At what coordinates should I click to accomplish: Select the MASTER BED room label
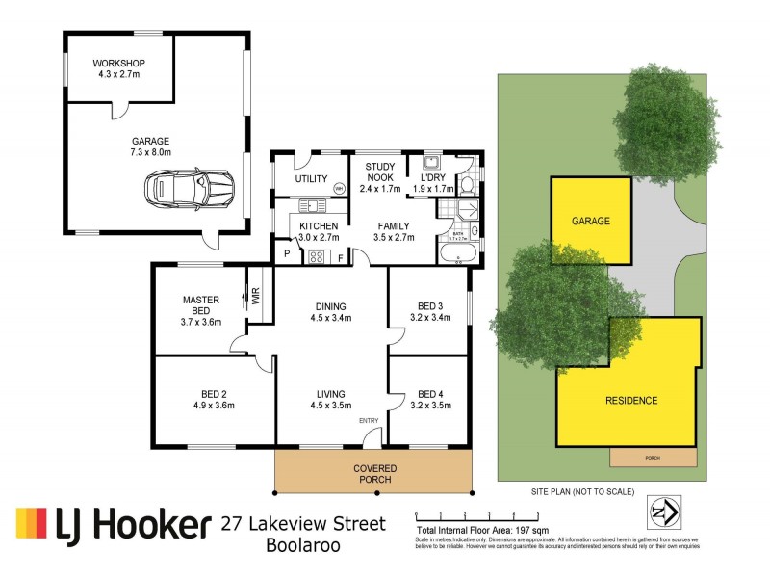tap(201, 305)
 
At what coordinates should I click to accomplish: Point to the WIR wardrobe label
tap(256, 297)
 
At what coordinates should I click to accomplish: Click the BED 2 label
tap(213, 393)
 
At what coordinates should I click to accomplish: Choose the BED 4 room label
tap(427, 393)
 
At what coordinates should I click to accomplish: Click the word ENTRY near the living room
tap(370, 421)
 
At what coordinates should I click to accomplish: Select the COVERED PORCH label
tap(374, 474)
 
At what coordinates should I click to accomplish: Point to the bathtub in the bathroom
tap(456, 254)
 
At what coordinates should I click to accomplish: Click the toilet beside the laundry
tap(467, 183)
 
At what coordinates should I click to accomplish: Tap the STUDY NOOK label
tap(378, 172)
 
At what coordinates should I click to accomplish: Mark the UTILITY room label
tap(311, 179)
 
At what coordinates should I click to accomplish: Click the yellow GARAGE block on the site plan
tap(591, 221)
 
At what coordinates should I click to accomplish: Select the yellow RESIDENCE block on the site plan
tap(630, 400)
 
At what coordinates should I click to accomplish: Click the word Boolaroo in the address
tap(303, 547)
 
